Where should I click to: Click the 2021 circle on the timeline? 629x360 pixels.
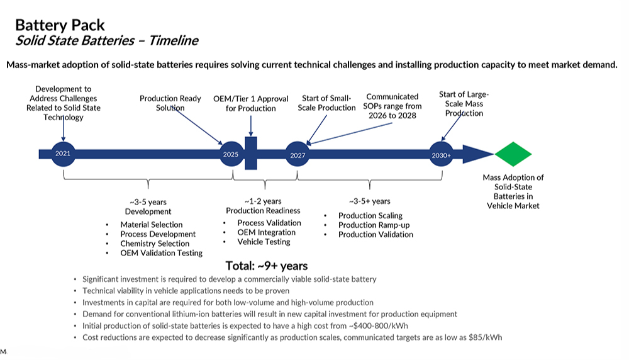click(63, 154)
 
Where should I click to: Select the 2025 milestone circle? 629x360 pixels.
click(231, 154)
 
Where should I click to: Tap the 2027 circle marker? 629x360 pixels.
click(298, 155)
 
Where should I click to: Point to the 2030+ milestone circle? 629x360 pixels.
click(442, 154)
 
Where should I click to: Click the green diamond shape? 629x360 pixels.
click(513, 154)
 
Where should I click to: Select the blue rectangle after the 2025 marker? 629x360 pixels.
click(251, 154)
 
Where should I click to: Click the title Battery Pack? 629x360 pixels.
click(60, 25)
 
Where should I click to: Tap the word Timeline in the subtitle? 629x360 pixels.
click(174, 40)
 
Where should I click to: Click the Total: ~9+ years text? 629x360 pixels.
click(266, 266)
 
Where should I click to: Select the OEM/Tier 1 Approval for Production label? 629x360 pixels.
click(251, 104)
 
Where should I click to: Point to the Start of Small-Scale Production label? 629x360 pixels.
click(326, 103)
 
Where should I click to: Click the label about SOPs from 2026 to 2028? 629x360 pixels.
click(392, 106)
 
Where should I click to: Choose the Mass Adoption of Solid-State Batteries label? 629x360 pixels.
click(513, 191)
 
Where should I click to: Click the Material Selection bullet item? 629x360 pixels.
click(151, 225)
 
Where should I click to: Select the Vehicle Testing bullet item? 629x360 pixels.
click(264, 242)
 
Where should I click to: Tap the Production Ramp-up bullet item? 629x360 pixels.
click(374, 225)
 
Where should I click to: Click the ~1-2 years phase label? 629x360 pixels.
click(263, 201)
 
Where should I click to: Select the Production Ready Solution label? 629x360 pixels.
click(170, 103)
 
